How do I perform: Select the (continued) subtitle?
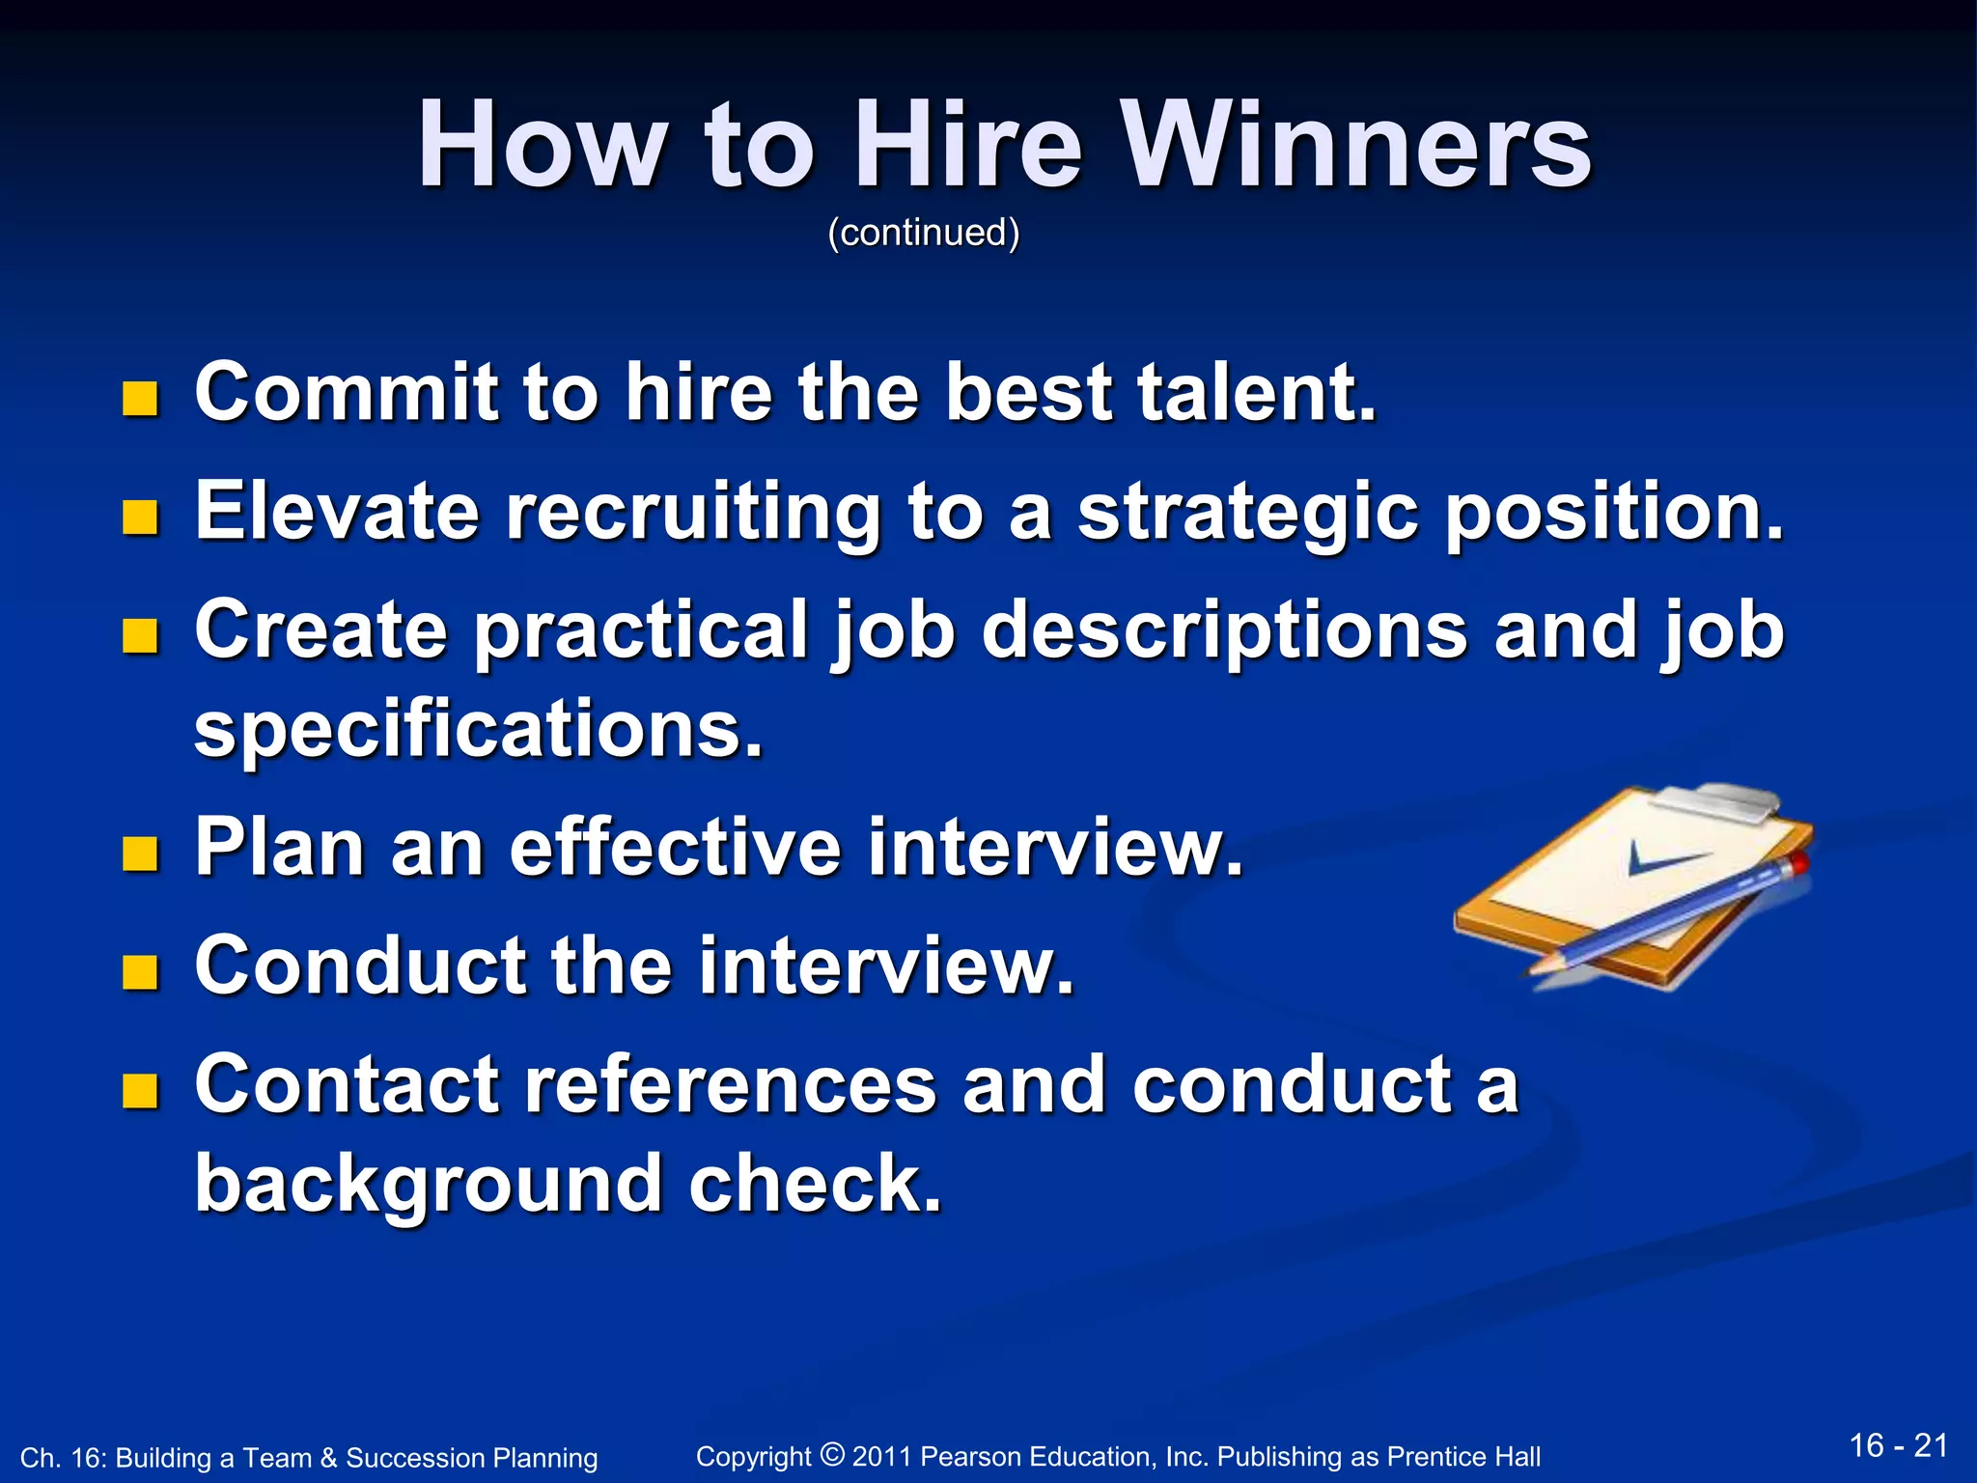923,233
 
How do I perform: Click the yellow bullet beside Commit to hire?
140,399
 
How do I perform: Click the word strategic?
1247,513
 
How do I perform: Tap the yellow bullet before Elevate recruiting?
140,518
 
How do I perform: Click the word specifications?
479,731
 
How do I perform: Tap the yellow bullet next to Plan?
140,853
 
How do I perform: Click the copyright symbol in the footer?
832,1452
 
